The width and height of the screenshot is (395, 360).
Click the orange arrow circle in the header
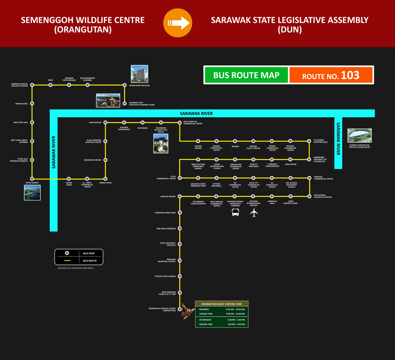click(x=177, y=23)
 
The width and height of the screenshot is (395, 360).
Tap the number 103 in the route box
click(x=350, y=75)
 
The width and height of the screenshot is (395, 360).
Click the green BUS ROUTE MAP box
click(x=246, y=75)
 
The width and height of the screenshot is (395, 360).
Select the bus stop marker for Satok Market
click(x=32, y=179)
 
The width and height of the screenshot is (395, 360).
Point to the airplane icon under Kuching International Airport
click(x=254, y=212)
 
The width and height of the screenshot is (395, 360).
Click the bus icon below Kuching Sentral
click(x=236, y=212)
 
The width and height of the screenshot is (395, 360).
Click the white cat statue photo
click(x=161, y=143)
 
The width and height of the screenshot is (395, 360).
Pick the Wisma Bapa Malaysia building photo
click(x=139, y=74)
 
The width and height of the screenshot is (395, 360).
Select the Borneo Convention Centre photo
click(x=359, y=135)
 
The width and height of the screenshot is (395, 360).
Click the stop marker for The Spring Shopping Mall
click(x=309, y=141)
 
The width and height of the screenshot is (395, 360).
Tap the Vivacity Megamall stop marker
click(x=253, y=159)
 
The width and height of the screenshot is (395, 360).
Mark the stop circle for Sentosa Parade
click(x=180, y=196)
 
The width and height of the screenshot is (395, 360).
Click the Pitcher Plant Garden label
click(x=165, y=276)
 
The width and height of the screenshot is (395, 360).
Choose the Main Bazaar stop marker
click(x=105, y=122)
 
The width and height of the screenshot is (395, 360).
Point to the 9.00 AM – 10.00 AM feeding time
click(x=235, y=314)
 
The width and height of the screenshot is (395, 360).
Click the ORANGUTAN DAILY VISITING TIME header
click(x=222, y=304)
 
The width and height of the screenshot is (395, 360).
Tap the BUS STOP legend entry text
click(x=89, y=253)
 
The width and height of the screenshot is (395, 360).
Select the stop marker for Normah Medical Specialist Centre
click(x=32, y=85)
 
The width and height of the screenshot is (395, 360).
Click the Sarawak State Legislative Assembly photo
click(x=108, y=100)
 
